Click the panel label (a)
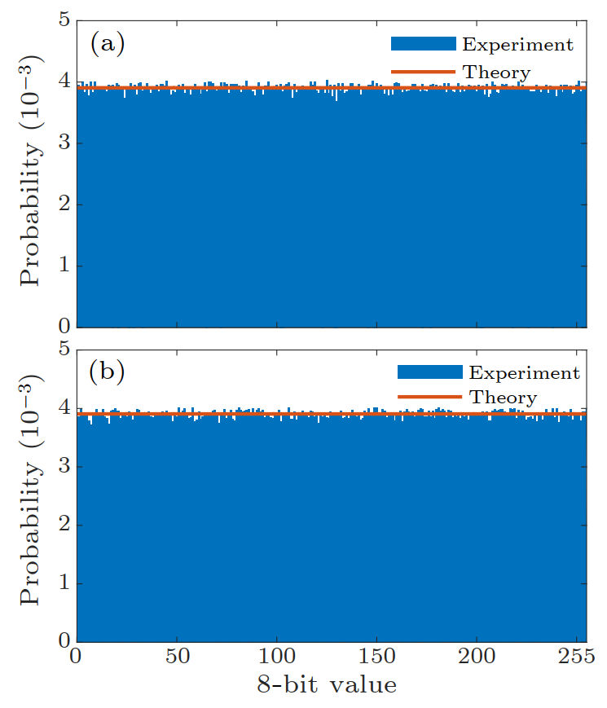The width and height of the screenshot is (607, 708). click(107, 43)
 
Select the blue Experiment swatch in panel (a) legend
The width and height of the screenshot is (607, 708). click(423, 44)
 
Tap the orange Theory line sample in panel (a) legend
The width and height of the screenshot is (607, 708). click(423, 72)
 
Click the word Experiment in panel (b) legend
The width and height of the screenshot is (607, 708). click(524, 372)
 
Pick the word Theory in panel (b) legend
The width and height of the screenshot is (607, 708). click(503, 398)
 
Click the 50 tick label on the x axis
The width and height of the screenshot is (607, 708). click(176, 657)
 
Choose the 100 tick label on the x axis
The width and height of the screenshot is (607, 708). click(276, 657)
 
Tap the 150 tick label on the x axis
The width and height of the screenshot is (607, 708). click(376, 657)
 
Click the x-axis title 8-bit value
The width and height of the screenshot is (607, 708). click(326, 686)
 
